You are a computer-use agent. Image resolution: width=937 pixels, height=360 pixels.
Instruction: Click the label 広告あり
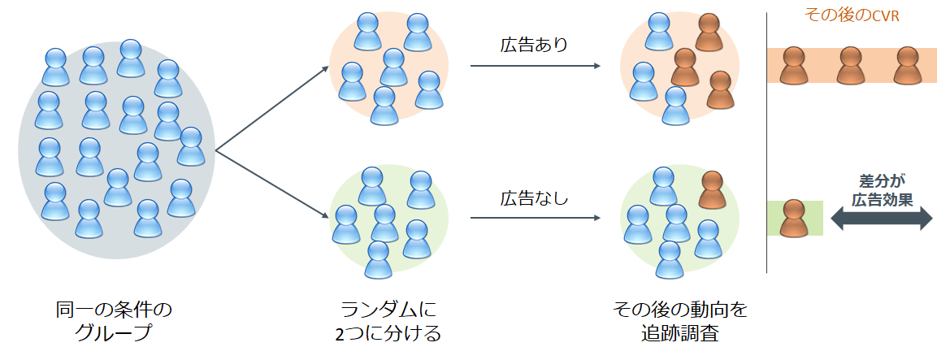click(533, 45)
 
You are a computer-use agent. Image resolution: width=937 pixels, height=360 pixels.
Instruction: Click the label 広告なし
click(533, 197)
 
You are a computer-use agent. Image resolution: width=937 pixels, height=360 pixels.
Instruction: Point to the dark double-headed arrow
click(881, 217)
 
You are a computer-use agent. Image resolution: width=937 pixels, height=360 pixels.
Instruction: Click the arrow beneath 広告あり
click(536, 64)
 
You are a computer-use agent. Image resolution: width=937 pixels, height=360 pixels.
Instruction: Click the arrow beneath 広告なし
click(536, 217)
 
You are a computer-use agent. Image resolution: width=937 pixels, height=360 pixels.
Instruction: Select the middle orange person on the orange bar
click(850, 66)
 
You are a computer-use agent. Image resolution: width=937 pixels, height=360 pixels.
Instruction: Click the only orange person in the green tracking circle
click(712, 190)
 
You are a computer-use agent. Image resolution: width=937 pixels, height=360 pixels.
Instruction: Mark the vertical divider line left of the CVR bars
click(767, 146)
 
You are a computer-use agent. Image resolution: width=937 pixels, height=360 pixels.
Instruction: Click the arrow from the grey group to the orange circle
click(270, 109)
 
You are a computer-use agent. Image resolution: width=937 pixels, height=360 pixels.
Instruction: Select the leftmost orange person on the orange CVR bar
click(793, 66)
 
